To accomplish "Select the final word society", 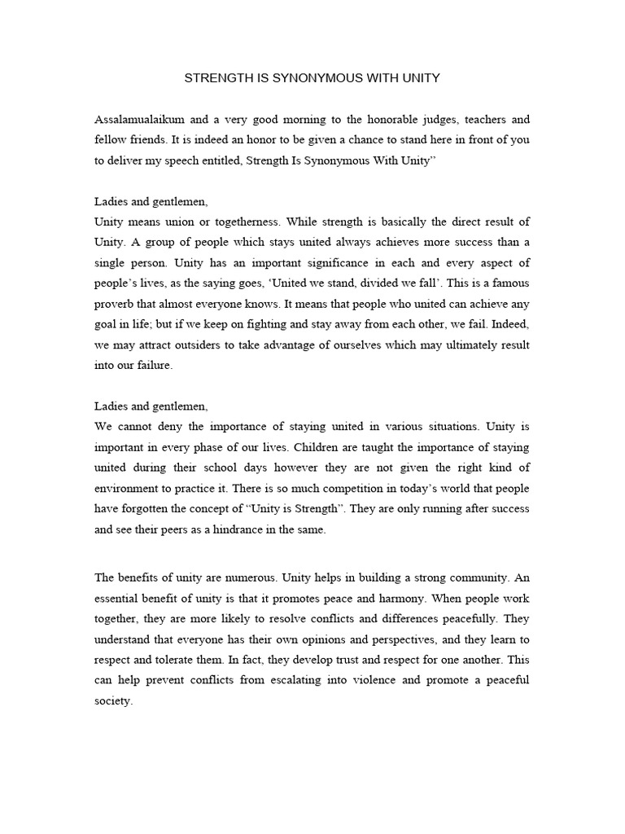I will [x=112, y=700].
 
